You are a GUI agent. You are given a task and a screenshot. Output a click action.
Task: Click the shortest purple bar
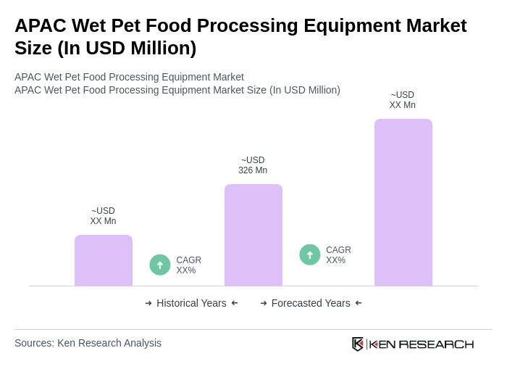tap(104, 260)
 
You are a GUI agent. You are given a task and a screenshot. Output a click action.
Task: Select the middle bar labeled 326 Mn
tap(253, 235)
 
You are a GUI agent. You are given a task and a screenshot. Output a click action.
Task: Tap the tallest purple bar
tap(403, 202)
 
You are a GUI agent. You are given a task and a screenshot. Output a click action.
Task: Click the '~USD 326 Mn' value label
tap(253, 165)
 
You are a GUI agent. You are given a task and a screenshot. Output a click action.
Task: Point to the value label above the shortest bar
tap(103, 216)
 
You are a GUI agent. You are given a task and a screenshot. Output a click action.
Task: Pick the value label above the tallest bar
tap(403, 100)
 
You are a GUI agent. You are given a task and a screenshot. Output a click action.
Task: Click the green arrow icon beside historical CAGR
tap(160, 265)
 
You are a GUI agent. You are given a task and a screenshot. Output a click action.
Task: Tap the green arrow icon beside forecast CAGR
tap(310, 254)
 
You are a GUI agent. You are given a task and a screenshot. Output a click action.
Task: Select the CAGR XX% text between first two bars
tap(188, 265)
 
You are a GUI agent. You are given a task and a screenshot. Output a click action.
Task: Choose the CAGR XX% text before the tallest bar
tap(338, 255)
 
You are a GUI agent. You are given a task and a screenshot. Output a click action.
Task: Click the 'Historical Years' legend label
tap(191, 303)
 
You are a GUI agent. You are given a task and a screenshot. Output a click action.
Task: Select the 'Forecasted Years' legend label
tap(311, 303)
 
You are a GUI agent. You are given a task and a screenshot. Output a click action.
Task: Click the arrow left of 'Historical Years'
tap(148, 303)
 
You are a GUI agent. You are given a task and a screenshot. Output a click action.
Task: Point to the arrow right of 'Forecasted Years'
tap(359, 303)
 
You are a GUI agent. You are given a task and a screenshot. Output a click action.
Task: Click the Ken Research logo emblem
tap(358, 344)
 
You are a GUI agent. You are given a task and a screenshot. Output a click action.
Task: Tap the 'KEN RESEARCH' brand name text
tap(422, 344)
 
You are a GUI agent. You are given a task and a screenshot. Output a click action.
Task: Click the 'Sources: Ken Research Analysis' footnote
tap(88, 343)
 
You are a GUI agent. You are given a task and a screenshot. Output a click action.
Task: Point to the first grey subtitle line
tap(129, 77)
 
